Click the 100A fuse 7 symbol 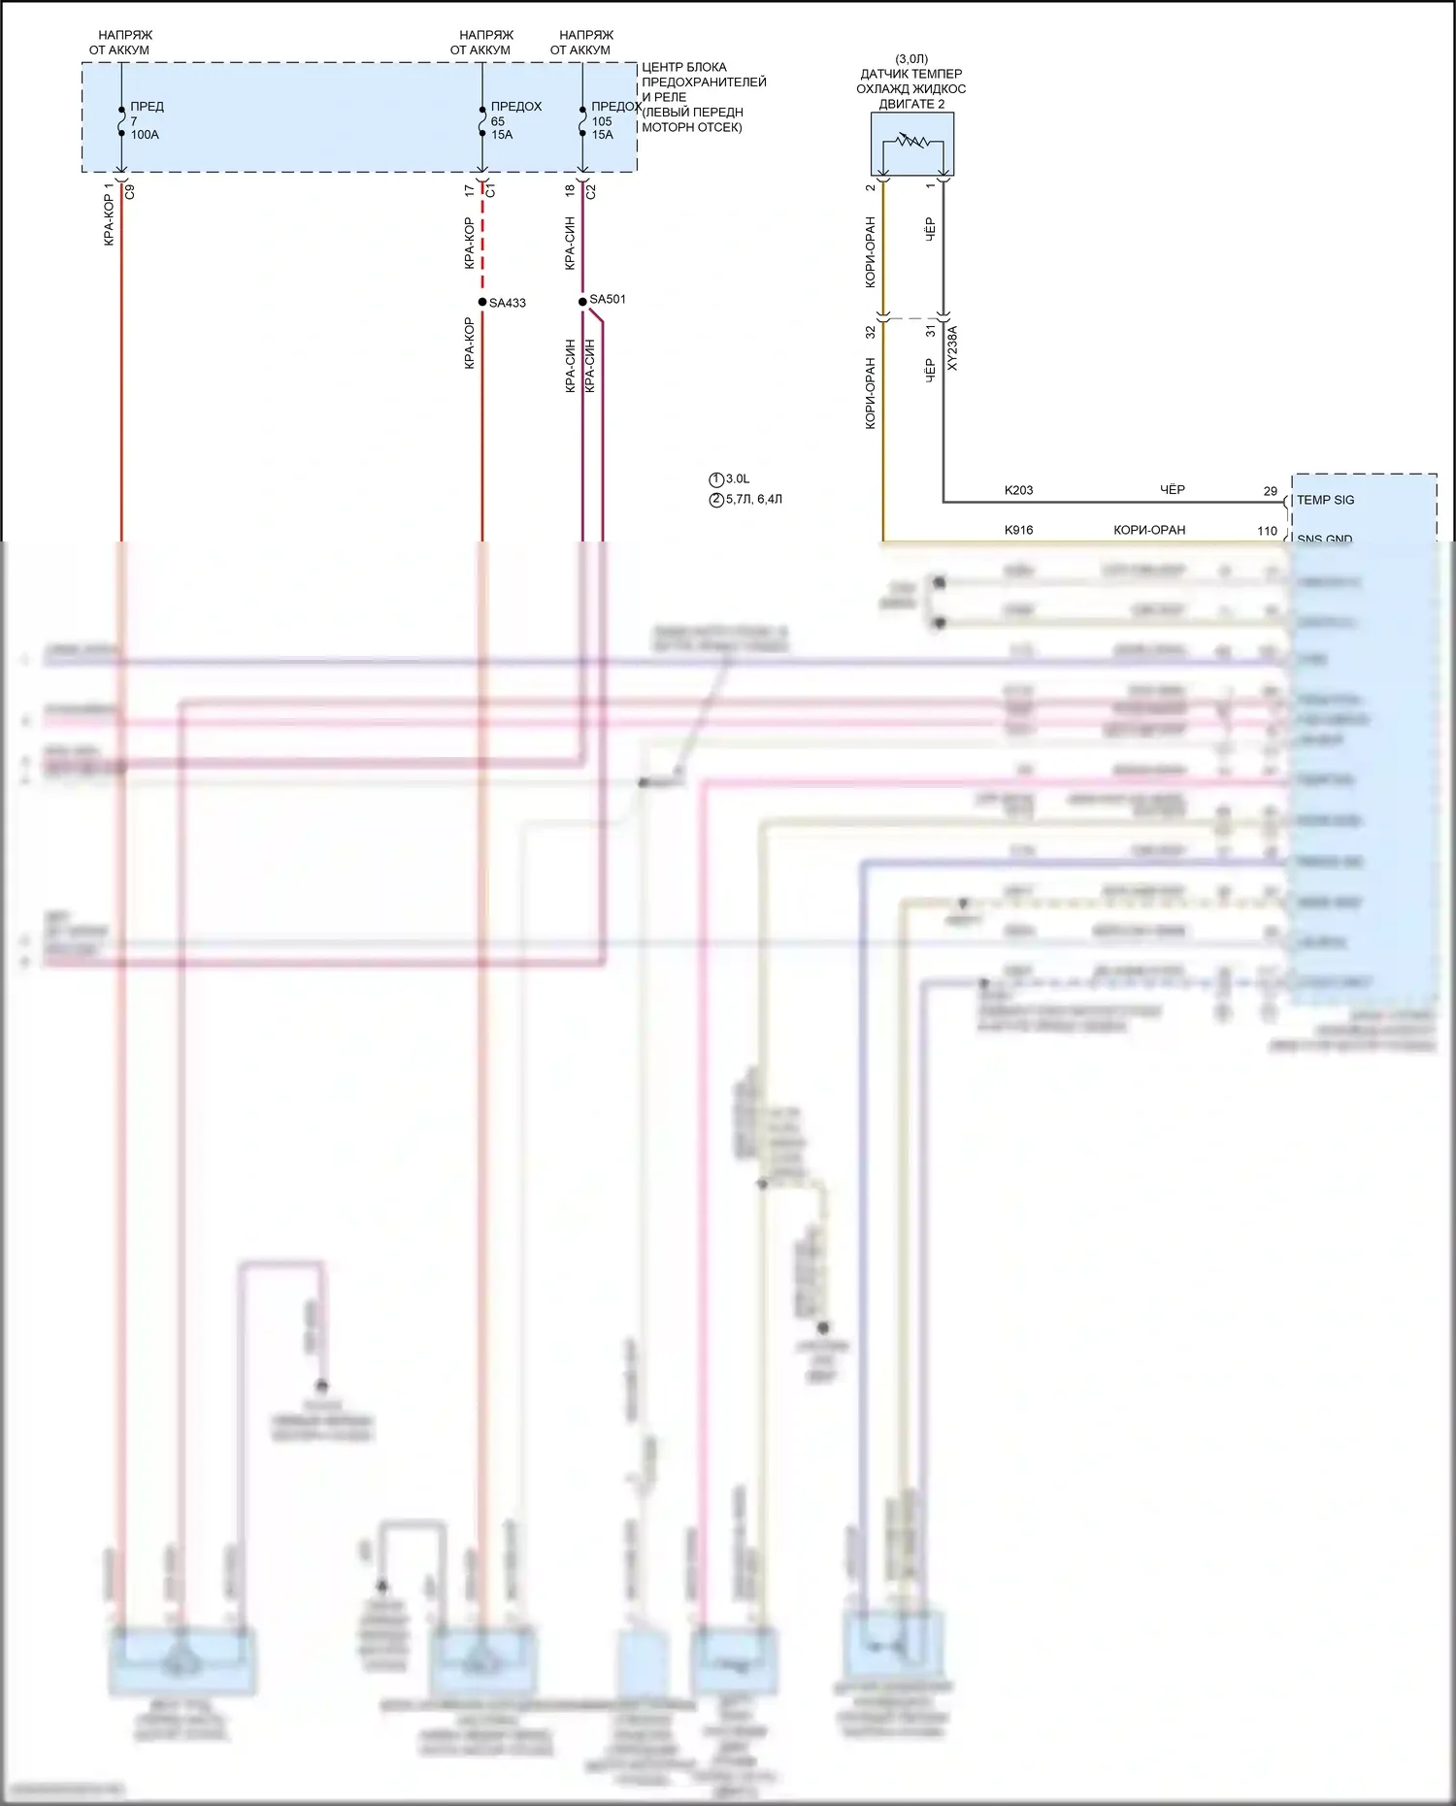pyautogui.click(x=121, y=121)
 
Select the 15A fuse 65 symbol pyautogui.click(x=482, y=121)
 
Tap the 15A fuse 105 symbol pyautogui.click(x=582, y=121)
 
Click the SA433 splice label pyautogui.click(x=507, y=303)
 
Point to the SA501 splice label pyautogui.click(x=608, y=299)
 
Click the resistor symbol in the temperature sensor pyautogui.click(x=911, y=142)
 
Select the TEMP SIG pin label pyautogui.click(x=1325, y=500)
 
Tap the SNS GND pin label pyautogui.click(x=1324, y=539)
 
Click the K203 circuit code pyautogui.click(x=1018, y=490)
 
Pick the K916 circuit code pyautogui.click(x=1018, y=530)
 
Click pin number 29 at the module pyautogui.click(x=1270, y=491)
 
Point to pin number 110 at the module pyautogui.click(x=1267, y=531)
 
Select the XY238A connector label pyautogui.click(x=952, y=347)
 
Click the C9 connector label pyautogui.click(x=130, y=192)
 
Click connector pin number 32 pyautogui.click(x=871, y=331)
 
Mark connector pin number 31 pyautogui.click(x=931, y=331)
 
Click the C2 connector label pyautogui.click(x=590, y=192)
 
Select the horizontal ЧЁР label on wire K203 pyautogui.click(x=1173, y=490)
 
